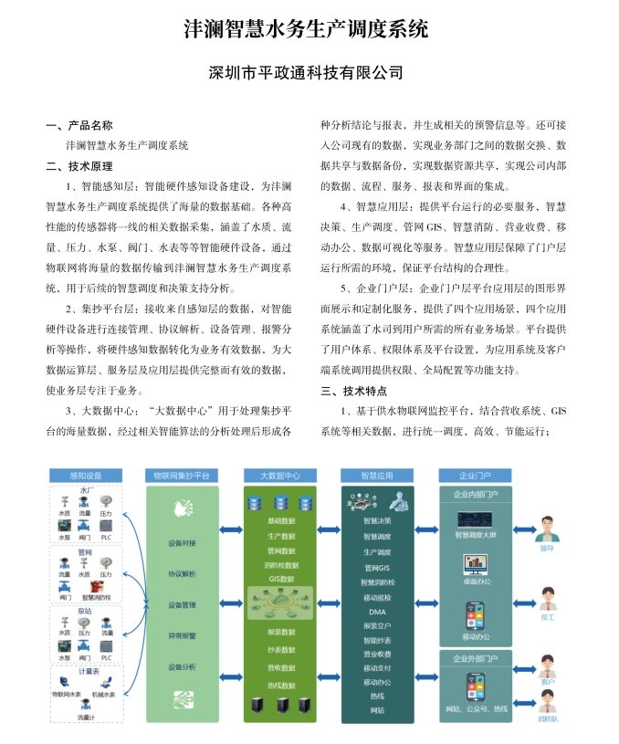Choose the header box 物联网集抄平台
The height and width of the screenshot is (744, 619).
click(x=183, y=476)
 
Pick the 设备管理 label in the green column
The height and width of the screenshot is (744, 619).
click(x=182, y=604)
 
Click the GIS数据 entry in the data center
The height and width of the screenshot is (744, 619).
click(x=280, y=579)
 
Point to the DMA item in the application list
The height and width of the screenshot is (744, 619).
click(x=377, y=612)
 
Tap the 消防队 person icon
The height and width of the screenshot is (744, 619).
click(x=547, y=707)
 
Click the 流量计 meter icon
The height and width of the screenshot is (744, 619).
click(x=84, y=707)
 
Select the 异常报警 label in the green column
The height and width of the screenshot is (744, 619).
click(x=182, y=635)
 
